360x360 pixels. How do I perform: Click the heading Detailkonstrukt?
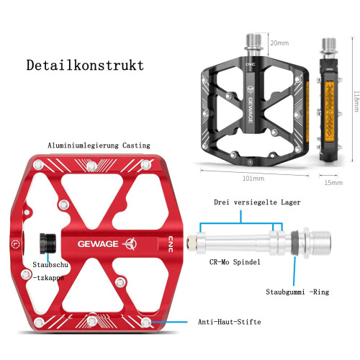(x=85, y=65)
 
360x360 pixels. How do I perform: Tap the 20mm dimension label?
(x=279, y=43)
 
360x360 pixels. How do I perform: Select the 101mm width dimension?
(x=253, y=179)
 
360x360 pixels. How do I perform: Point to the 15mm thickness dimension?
(x=333, y=183)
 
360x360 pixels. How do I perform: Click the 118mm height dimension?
(x=356, y=101)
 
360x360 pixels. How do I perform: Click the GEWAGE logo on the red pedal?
(x=107, y=244)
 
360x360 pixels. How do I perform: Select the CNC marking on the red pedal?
(x=171, y=244)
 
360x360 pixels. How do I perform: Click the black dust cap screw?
(x=48, y=243)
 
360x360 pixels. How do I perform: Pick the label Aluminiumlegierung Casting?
(x=99, y=145)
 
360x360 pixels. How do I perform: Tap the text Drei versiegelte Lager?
(x=257, y=202)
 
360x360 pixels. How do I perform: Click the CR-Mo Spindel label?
(x=235, y=262)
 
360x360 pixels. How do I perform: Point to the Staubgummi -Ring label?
(x=297, y=292)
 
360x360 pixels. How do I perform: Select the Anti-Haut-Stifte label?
(x=229, y=322)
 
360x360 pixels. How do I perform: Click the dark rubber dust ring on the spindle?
(x=294, y=243)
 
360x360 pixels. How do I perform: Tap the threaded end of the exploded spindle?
(x=320, y=243)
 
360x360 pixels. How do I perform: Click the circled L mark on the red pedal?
(x=16, y=244)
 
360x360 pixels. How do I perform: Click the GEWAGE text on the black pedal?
(x=251, y=110)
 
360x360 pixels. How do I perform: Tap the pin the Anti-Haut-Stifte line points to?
(x=146, y=323)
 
